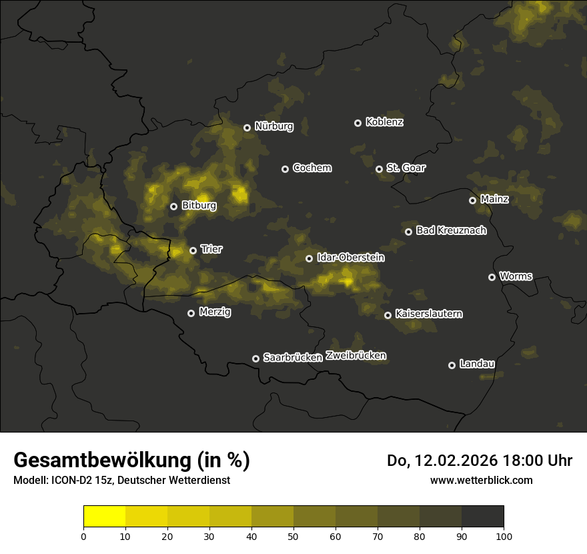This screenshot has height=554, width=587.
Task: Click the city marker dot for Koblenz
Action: [358, 123]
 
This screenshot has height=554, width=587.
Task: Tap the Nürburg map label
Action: [273, 127]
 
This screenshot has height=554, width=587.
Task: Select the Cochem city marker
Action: [285, 169]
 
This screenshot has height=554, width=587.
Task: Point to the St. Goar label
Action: [406, 168]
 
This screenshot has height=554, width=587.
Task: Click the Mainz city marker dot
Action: [472, 200]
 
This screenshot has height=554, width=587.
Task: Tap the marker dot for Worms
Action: [492, 277]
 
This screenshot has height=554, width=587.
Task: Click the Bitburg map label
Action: [199, 206]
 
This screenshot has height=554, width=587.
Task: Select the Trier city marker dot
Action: [193, 250]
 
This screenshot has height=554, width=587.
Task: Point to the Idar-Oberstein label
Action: [350, 258]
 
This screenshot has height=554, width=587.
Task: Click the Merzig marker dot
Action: [191, 313]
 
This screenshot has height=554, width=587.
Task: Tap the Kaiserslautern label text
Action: [428, 314]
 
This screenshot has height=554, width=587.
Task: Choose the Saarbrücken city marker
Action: [255, 358]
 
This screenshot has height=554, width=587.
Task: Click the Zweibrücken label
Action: [356, 356]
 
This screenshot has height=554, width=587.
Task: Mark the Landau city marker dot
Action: [452, 365]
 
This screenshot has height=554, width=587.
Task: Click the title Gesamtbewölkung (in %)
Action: [131, 461]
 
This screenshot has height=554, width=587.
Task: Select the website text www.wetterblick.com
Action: [481, 480]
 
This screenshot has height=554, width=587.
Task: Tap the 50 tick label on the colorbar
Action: [293, 535]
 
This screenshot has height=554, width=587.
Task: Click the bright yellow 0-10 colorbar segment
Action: [105, 517]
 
